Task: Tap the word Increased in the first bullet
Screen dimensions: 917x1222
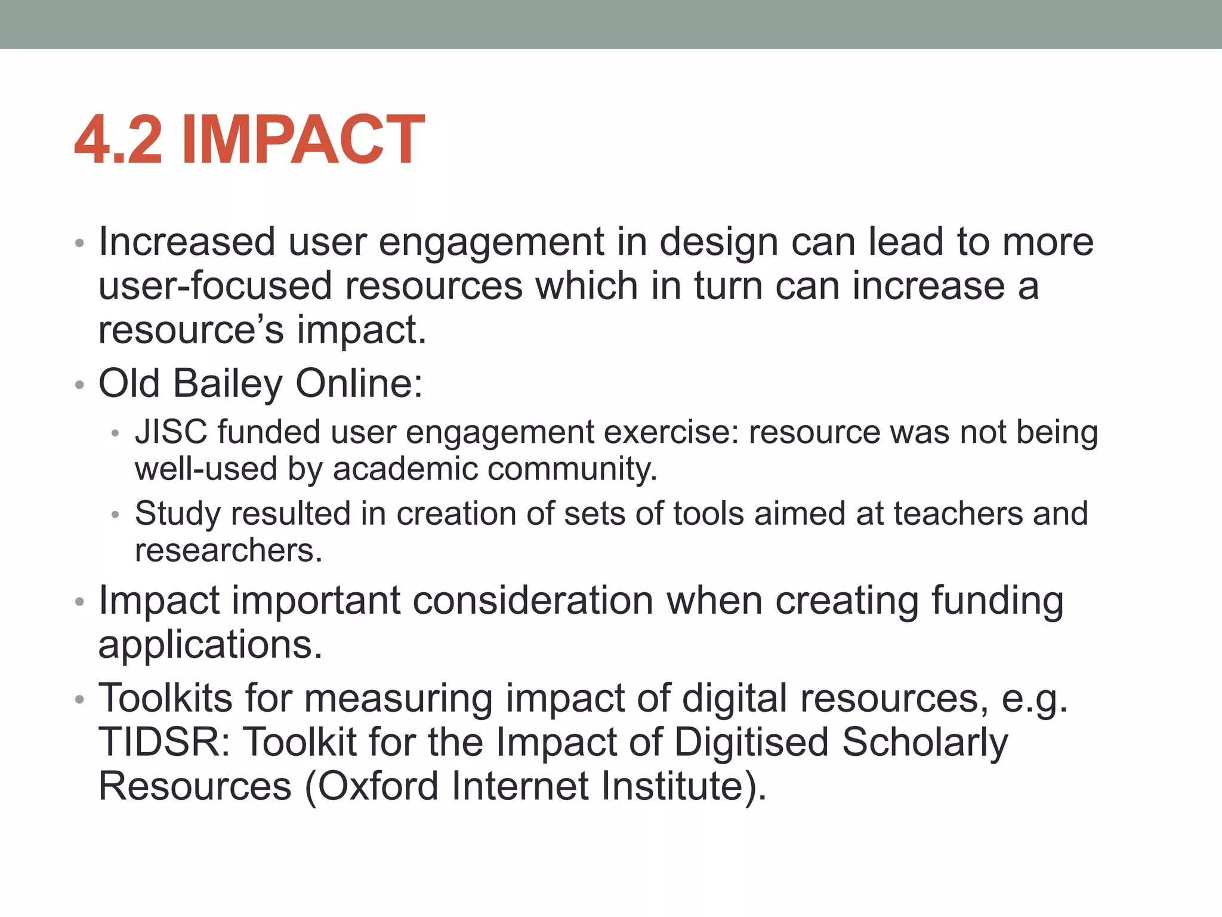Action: click(187, 242)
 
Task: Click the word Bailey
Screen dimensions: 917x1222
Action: click(228, 383)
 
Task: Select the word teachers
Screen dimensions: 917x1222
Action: click(958, 513)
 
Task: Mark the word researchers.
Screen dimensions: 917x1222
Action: click(228, 550)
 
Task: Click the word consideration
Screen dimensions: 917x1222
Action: click(533, 600)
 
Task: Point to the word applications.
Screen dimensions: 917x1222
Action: click(210, 645)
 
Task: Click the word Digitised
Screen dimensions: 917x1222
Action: click(752, 741)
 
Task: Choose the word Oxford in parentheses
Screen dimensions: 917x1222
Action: click(378, 786)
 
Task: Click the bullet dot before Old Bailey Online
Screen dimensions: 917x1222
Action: click(80, 386)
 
